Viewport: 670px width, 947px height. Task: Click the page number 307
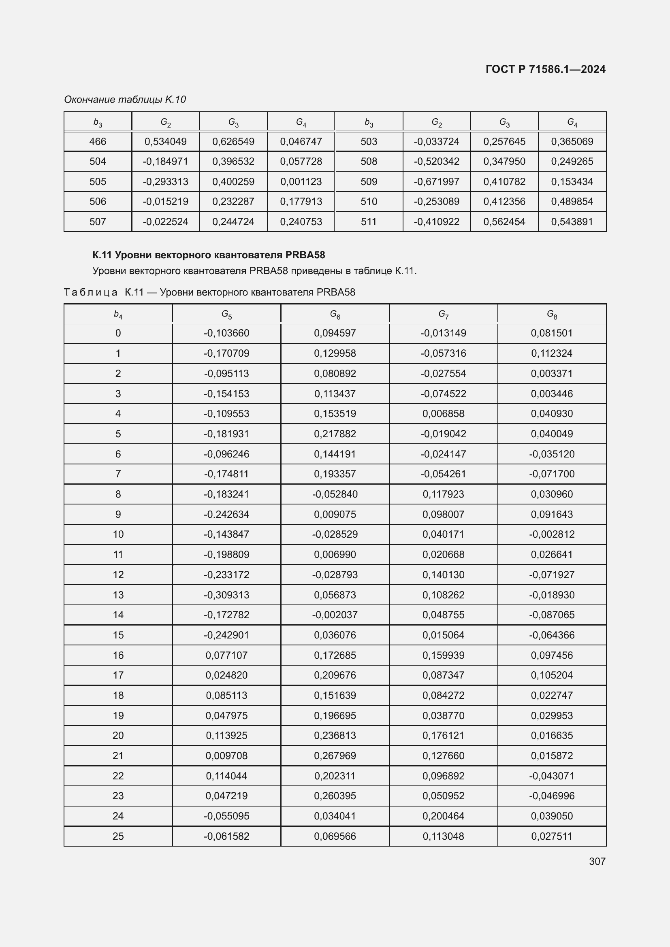597,861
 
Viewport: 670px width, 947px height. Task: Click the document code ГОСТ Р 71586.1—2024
545,69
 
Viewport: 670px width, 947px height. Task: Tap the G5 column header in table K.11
226,314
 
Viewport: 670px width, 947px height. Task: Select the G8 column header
552,314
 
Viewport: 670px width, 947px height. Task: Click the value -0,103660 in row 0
226,333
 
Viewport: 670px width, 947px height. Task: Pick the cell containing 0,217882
335,434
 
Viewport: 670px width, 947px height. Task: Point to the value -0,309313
226,595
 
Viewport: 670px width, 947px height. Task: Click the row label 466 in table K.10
98,141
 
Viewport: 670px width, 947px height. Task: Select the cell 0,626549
233,141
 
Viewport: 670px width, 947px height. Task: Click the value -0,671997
437,181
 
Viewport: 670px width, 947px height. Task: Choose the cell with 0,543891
572,222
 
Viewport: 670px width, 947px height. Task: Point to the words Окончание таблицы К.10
125,100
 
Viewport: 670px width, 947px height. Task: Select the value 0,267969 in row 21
335,755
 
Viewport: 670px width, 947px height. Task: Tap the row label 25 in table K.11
118,836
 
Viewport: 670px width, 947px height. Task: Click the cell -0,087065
552,615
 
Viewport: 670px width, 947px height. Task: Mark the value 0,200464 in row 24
443,816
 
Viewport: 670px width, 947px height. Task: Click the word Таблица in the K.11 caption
90,292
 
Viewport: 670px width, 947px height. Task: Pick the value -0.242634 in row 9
226,514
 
